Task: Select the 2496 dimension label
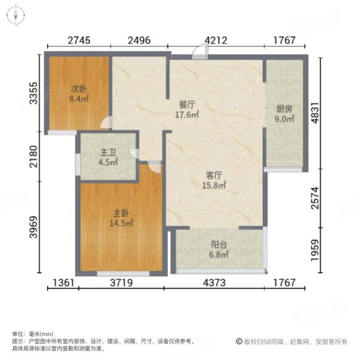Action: (x=139, y=41)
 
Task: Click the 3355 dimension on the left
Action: (x=35, y=94)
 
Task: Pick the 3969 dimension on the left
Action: (x=35, y=227)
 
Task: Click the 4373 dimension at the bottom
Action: (x=217, y=283)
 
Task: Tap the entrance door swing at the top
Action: (x=200, y=52)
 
